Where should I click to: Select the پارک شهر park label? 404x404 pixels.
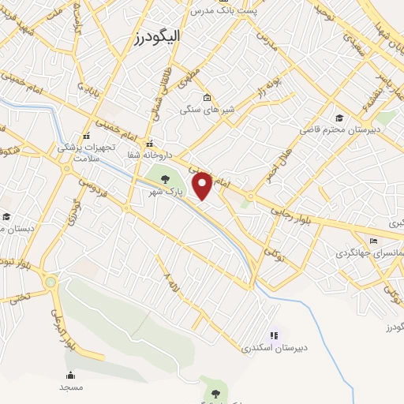pos(167,192)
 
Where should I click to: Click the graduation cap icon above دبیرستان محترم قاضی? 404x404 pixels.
pos(339,118)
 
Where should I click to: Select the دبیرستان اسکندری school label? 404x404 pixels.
pos(273,347)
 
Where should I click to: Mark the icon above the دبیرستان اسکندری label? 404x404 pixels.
pos(274,335)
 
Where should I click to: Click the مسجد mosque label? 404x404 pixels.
pos(70,387)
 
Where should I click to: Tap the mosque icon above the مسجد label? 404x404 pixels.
pos(70,376)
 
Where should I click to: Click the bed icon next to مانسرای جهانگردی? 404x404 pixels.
pos(373,241)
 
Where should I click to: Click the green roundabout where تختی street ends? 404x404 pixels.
pos(51,282)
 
